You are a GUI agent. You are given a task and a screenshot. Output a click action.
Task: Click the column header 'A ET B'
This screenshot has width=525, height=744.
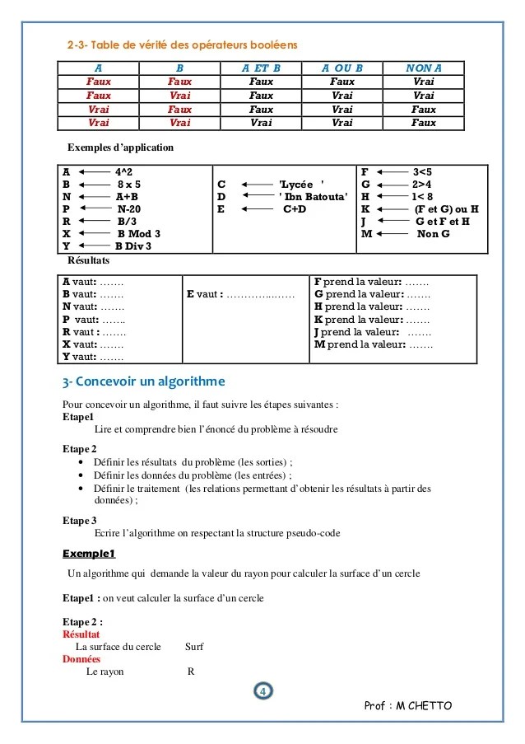[261, 68]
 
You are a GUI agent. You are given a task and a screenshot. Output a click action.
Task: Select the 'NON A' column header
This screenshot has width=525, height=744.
[424, 68]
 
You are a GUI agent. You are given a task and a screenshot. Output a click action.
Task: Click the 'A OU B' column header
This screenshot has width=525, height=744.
[341, 68]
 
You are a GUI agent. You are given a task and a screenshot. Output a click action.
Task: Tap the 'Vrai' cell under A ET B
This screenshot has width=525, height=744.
[261, 123]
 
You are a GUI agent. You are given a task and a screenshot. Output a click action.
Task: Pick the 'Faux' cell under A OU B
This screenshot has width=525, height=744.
[341, 82]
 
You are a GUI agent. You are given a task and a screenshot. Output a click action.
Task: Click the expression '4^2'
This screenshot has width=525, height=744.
[124, 171]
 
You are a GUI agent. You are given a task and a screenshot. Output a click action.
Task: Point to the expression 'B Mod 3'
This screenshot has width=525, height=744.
[138, 233]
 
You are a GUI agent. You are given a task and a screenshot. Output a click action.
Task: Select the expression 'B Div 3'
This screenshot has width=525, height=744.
[133, 246]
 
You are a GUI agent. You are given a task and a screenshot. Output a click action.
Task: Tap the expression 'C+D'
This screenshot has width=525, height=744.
[295, 208]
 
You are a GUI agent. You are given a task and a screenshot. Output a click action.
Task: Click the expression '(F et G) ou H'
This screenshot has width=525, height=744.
[447, 208]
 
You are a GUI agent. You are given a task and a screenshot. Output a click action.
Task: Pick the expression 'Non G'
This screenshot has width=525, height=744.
[433, 233]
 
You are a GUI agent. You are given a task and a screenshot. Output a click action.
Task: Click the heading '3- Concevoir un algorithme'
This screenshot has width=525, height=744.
[143, 381]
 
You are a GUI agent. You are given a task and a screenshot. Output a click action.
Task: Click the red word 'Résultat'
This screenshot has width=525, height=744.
[81, 634]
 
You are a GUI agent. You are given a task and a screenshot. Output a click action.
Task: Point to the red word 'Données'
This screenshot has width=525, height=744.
[81, 659]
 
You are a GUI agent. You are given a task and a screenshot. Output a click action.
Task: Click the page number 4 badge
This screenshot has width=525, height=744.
[262, 690]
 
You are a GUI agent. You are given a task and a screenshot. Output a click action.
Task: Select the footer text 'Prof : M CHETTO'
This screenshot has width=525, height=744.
[407, 706]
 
